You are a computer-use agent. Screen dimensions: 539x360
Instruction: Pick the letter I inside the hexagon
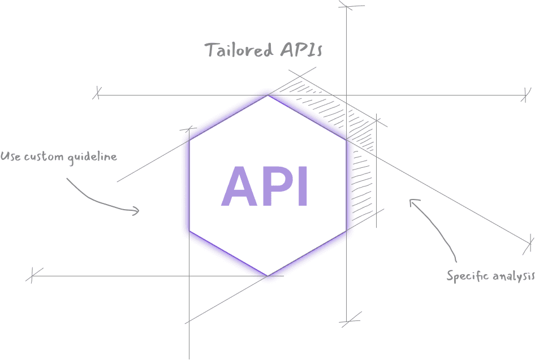click(301, 187)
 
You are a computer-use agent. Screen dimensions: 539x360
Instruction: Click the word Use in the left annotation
click(10, 156)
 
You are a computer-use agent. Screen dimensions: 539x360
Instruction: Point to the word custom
click(44, 157)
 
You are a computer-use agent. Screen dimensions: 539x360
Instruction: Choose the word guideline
click(92, 157)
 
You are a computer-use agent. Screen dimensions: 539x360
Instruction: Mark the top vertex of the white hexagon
click(268, 96)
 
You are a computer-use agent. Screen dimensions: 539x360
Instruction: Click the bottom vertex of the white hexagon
click(268, 276)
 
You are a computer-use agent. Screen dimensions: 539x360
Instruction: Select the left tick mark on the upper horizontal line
click(97, 93)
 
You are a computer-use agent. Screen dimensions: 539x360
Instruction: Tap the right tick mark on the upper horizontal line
click(527, 94)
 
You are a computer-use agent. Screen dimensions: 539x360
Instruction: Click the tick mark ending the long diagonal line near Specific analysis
click(531, 244)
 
